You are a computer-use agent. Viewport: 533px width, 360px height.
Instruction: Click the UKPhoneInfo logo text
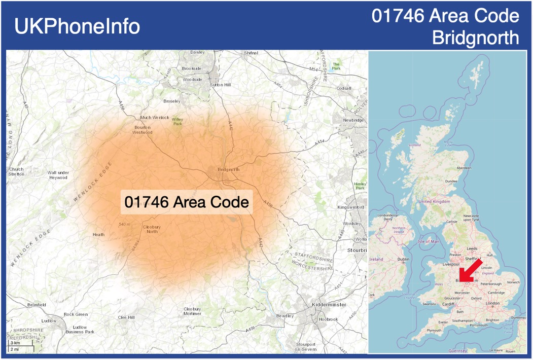pyautogui.click(x=78, y=26)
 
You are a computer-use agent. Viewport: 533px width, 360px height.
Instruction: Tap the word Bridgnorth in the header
pyautogui.click(x=476, y=38)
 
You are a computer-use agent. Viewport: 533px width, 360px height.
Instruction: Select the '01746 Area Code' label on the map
pyautogui.click(x=187, y=202)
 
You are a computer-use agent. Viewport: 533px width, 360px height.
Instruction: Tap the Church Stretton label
pyautogui.click(x=16, y=171)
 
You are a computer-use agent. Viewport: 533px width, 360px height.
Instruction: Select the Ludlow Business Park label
pyautogui.click(x=80, y=329)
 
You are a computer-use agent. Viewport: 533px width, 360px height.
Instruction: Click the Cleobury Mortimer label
pyautogui.click(x=192, y=311)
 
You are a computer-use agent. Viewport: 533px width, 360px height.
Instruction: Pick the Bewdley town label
pyautogui.click(x=285, y=316)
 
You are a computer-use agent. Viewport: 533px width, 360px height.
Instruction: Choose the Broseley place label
pyautogui.click(x=172, y=101)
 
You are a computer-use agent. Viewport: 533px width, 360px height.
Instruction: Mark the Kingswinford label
pyautogui.click(x=350, y=207)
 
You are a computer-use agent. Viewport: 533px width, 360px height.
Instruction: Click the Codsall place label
pyautogui.click(x=344, y=88)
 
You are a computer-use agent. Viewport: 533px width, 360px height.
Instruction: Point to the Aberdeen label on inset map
pyautogui.click(x=464, y=168)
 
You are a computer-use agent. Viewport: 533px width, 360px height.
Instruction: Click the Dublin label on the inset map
pyautogui.click(x=403, y=259)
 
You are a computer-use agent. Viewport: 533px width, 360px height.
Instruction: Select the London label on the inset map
pyautogui.click(x=492, y=303)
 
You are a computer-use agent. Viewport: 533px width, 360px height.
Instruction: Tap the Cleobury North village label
pyautogui.click(x=152, y=229)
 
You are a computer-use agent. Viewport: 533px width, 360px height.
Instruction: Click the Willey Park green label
pyautogui.click(x=177, y=122)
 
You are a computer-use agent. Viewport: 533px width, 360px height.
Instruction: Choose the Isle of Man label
pyautogui.click(x=428, y=241)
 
